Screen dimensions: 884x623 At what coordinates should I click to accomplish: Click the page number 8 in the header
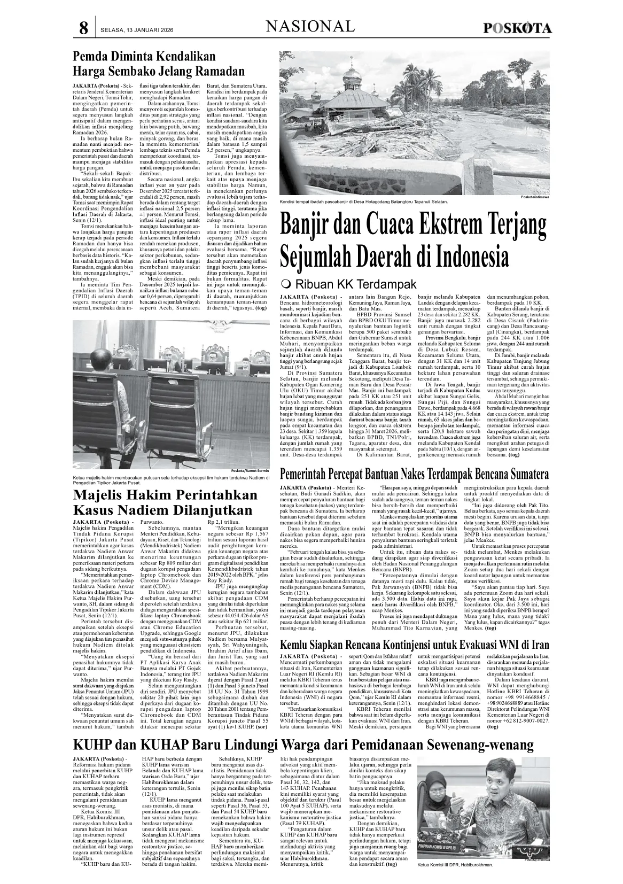point(83,28)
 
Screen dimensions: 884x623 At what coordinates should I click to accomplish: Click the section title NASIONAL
point(310,26)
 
